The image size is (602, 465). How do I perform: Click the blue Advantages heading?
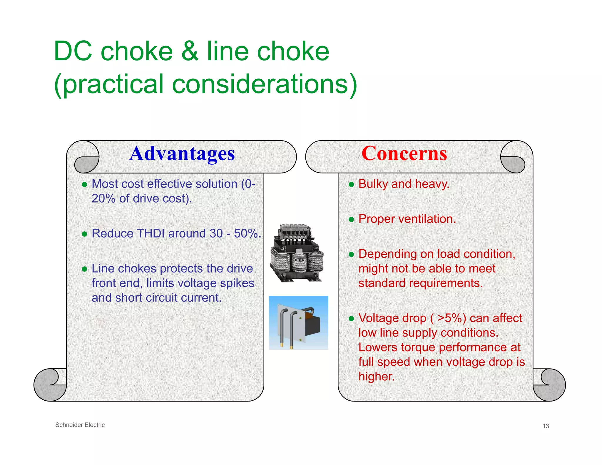point(182,154)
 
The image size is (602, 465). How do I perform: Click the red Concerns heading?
point(404,154)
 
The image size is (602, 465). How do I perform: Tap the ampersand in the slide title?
point(190,51)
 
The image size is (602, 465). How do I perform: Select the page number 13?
point(546,426)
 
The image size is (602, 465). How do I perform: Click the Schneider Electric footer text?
point(80,425)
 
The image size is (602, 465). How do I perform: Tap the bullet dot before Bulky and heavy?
point(351,185)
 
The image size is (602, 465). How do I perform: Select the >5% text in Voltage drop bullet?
point(451,318)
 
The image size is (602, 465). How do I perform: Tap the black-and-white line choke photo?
point(297,253)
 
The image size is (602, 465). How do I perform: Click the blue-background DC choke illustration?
point(298,323)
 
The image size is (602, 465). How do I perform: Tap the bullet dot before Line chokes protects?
point(85,269)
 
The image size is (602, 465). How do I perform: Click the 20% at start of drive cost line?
point(103,199)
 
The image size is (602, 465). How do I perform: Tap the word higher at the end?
point(376,377)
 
